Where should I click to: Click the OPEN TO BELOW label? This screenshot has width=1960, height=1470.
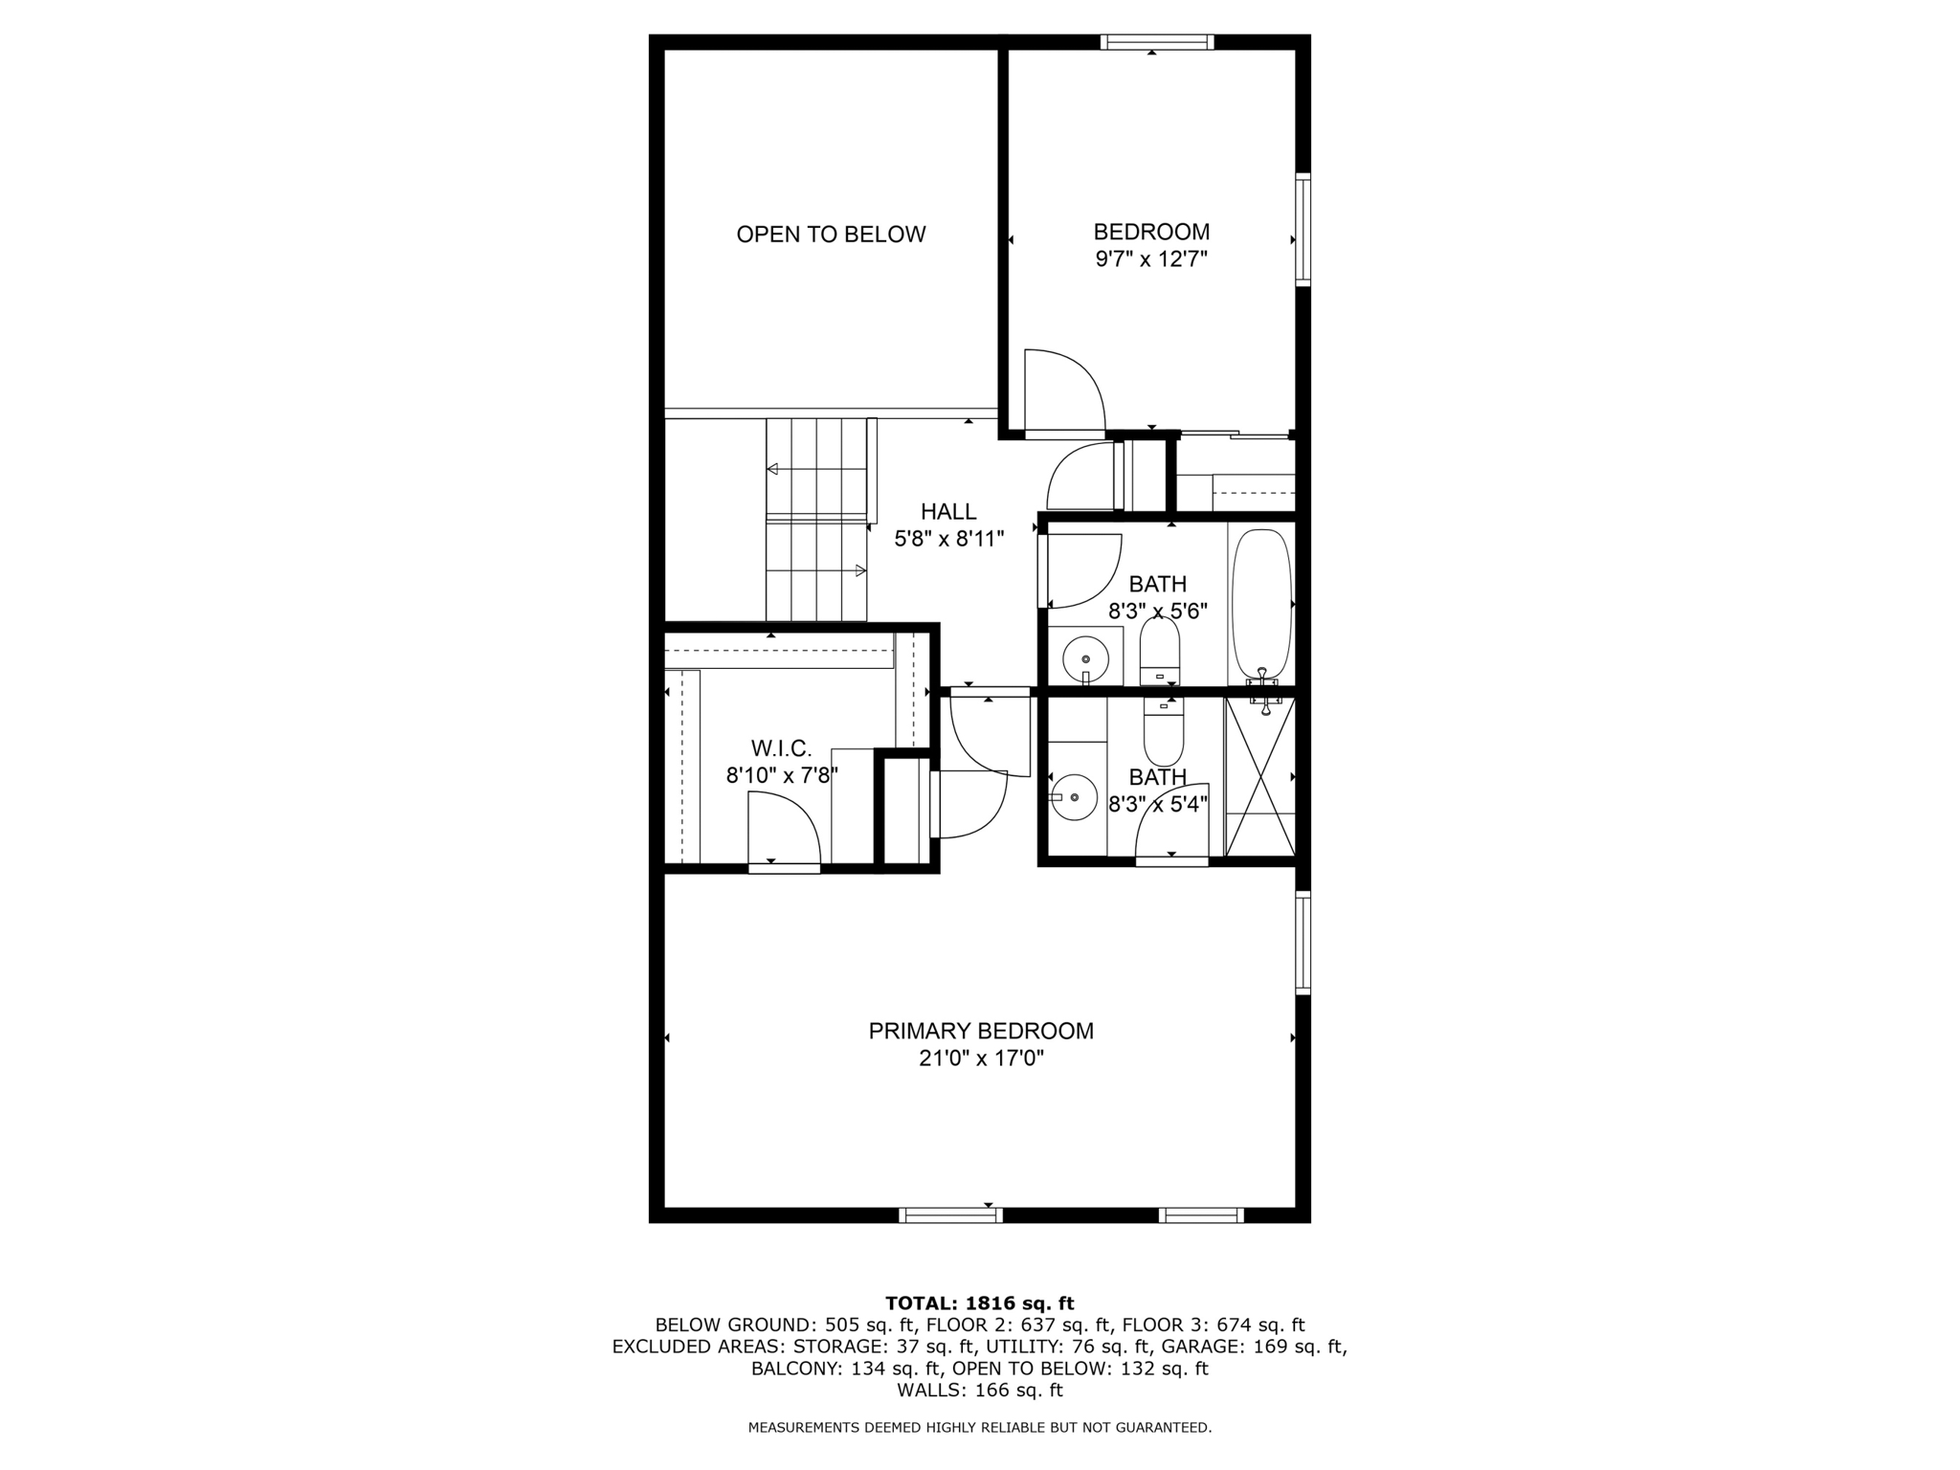point(831,234)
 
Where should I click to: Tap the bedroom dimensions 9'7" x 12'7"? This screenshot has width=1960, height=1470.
point(1151,259)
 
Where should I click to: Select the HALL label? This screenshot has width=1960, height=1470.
point(948,512)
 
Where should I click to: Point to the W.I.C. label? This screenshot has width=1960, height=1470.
point(781,748)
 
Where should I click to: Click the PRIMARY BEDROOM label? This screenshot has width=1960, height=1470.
point(980,1031)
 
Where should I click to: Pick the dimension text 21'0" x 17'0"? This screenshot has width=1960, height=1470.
point(980,1058)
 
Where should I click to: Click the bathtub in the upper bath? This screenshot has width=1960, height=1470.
point(1261,603)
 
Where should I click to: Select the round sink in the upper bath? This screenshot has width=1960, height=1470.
point(1085,658)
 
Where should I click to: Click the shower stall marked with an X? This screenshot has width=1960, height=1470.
point(1260,776)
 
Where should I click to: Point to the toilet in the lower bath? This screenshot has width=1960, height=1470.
point(1164,731)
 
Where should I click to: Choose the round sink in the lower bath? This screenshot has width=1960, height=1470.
point(1075,796)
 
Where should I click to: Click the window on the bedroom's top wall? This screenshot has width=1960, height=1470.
point(1156,42)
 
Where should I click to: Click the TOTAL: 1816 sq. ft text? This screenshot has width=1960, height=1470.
point(980,1303)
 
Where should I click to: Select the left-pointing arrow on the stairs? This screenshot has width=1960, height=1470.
point(772,469)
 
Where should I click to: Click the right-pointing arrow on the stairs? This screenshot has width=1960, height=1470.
point(860,571)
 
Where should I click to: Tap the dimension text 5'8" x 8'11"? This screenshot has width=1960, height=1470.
point(948,540)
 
